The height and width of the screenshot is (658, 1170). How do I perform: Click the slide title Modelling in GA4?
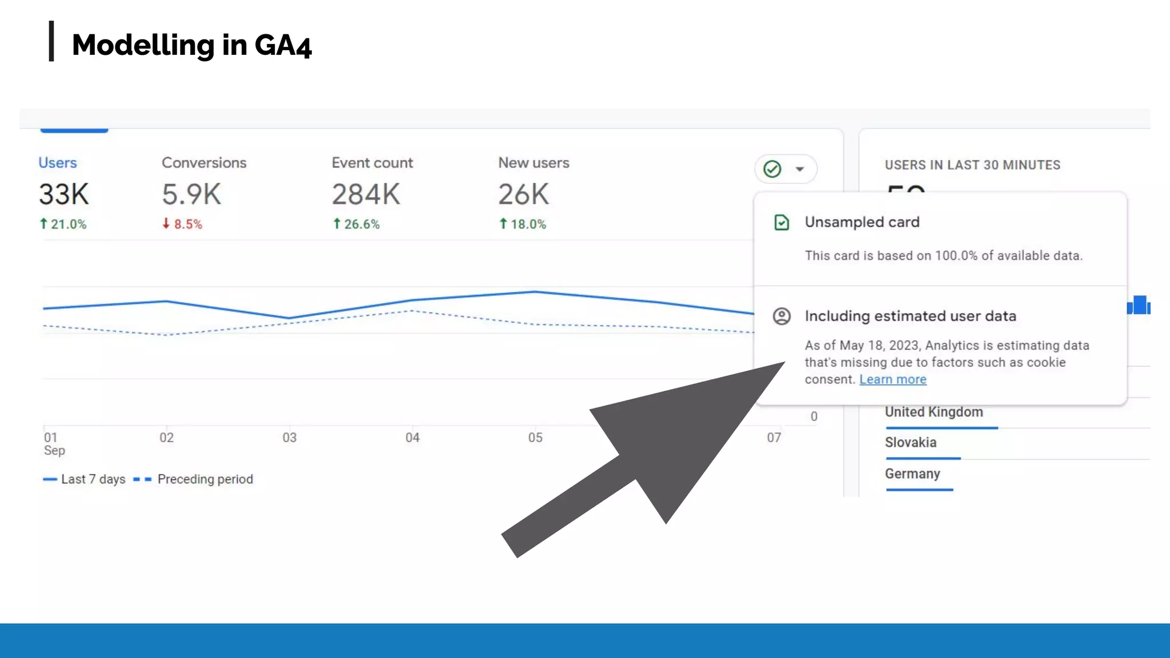tap(192, 45)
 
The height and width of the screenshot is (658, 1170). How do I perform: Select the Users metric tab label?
tap(58, 163)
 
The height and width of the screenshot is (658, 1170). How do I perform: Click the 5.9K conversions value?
tap(191, 194)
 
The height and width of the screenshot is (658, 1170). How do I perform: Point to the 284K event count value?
tap(366, 194)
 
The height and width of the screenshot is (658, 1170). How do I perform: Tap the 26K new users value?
tap(523, 194)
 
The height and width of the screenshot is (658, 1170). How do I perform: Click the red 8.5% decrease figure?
tap(182, 224)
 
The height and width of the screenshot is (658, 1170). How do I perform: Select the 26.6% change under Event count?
tap(356, 224)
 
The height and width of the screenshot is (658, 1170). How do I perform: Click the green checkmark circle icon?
tap(772, 169)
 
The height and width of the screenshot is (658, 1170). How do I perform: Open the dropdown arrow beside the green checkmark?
tap(800, 169)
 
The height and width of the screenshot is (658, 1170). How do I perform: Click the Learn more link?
tap(893, 379)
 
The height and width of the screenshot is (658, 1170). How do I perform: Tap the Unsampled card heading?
tap(862, 222)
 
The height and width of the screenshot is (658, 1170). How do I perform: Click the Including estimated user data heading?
tap(911, 316)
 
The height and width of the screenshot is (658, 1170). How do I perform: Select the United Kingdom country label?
tap(934, 412)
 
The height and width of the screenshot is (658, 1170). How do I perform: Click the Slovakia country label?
tap(911, 443)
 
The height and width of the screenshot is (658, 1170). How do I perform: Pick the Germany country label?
tap(912, 474)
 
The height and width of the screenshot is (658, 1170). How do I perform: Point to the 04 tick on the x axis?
tap(412, 438)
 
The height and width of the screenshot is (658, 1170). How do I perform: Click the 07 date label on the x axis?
tap(774, 438)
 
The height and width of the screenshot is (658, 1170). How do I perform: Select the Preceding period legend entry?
tap(193, 479)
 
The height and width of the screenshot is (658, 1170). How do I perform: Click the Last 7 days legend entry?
tap(84, 479)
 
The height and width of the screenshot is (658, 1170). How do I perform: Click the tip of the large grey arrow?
tap(786, 362)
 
